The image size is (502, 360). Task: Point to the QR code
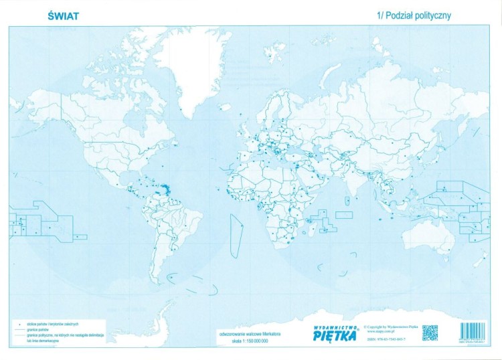pyautogui.click(x=430, y=333)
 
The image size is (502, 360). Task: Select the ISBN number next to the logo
pyautogui.click(x=386, y=340)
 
